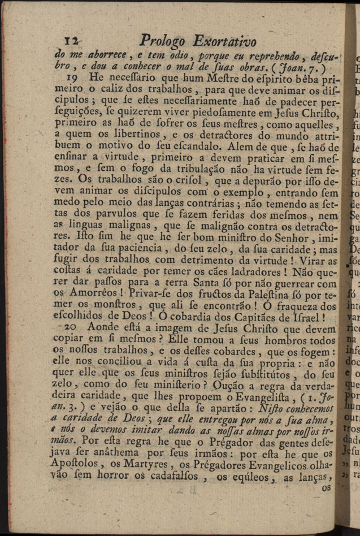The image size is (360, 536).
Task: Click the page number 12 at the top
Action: [x=72, y=41]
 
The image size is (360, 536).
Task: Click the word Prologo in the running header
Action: [x=163, y=41]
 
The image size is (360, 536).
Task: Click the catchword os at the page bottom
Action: [x=327, y=487]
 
